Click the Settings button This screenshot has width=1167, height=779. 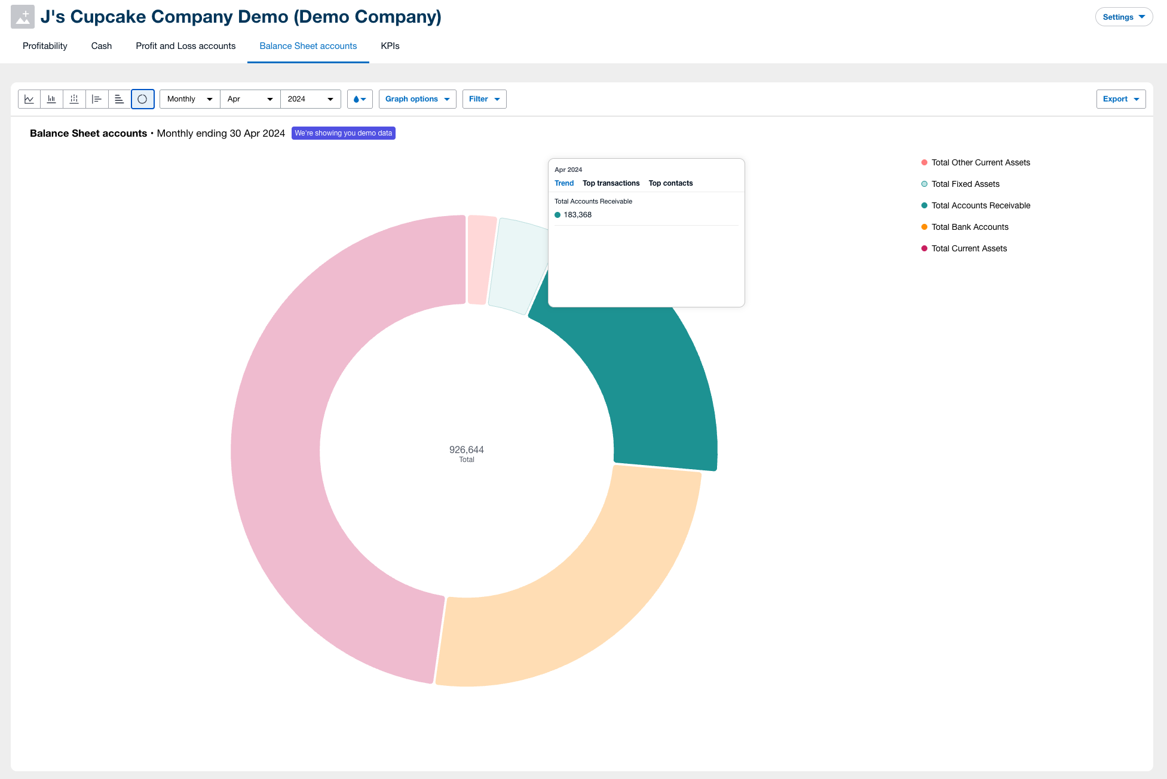pos(1123,17)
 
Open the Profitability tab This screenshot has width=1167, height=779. pos(45,46)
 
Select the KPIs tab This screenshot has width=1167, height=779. pos(390,46)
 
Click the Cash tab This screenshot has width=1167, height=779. pos(101,46)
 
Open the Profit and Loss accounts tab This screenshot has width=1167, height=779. pos(185,46)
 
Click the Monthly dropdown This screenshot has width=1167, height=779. pos(189,99)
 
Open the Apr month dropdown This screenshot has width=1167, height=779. pos(250,99)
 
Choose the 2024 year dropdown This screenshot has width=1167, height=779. pos(310,99)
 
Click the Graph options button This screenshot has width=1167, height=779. pos(417,99)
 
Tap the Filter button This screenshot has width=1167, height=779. pos(484,99)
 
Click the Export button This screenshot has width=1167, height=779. pos(1120,99)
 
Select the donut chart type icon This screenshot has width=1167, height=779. pos(142,99)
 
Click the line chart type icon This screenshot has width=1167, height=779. pos(29,99)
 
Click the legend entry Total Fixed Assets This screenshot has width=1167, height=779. pos(965,184)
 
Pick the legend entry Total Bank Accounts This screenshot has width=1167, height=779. pos(969,227)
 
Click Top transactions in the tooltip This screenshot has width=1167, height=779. pos(611,183)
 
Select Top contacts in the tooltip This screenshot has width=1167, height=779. pos(670,183)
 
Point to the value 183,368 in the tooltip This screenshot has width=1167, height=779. pos(577,215)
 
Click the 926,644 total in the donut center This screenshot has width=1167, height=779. pos(466,449)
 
